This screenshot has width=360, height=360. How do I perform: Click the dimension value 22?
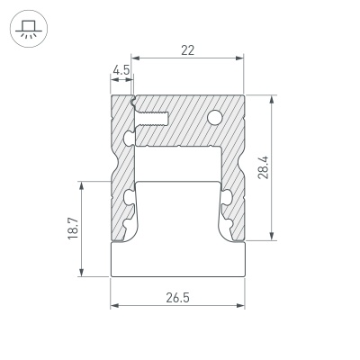pyautogui.click(x=187, y=51)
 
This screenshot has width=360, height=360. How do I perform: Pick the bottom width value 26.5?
pyautogui.click(x=177, y=296)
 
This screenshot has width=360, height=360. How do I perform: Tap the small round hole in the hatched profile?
pyautogui.click(x=216, y=116)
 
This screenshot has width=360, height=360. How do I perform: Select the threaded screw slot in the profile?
pyautogui.click(x=153, y=115)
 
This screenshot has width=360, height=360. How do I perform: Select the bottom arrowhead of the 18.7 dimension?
pyautogui.click(x=84, y=274)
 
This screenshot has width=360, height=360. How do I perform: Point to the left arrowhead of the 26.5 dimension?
pyautogui.click(x=114, y=305)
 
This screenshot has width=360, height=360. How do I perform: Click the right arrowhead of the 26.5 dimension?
pyautogui.click(x=242, y=305)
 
